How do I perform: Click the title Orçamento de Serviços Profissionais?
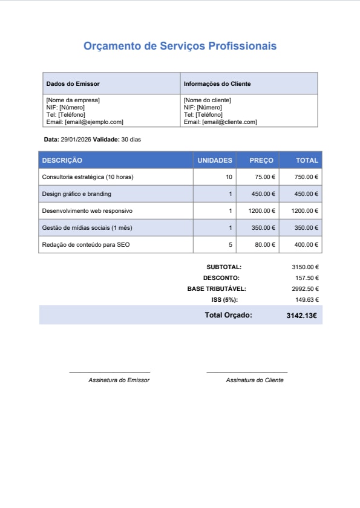point(180,46)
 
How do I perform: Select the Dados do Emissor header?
point(73,83)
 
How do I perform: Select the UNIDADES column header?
point(215,160)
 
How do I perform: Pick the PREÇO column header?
point(261,160)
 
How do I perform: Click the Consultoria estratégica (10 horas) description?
point(87,177)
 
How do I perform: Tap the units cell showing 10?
point(229,177)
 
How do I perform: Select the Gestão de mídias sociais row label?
point(87,227)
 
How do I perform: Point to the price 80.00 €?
point(265,244)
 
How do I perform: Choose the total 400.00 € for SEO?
point(306,244)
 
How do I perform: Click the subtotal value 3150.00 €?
point(305,267)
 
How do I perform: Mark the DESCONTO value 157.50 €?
point(307,278)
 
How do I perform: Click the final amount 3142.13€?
point(302,315)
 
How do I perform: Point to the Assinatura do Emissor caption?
point(119,380)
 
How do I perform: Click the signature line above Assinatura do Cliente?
point(247,372)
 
